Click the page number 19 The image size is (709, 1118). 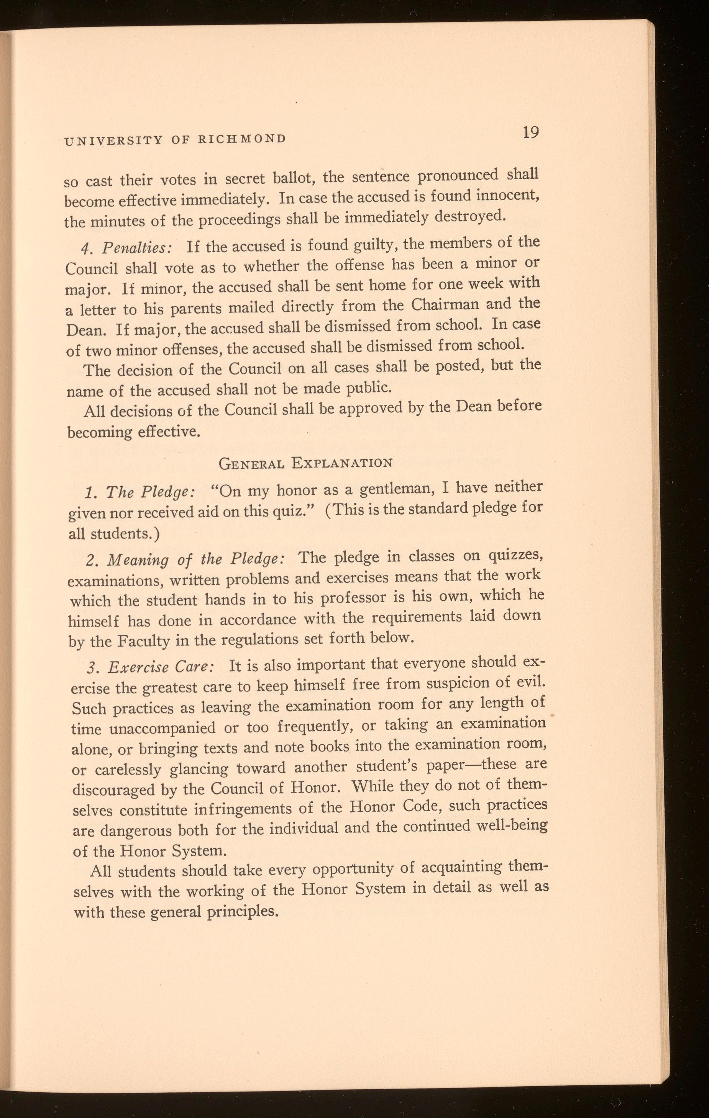(530, 133)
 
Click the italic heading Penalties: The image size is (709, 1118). (138, 248)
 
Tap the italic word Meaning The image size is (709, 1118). (138, 561)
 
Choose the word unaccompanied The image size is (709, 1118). (162, 727)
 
